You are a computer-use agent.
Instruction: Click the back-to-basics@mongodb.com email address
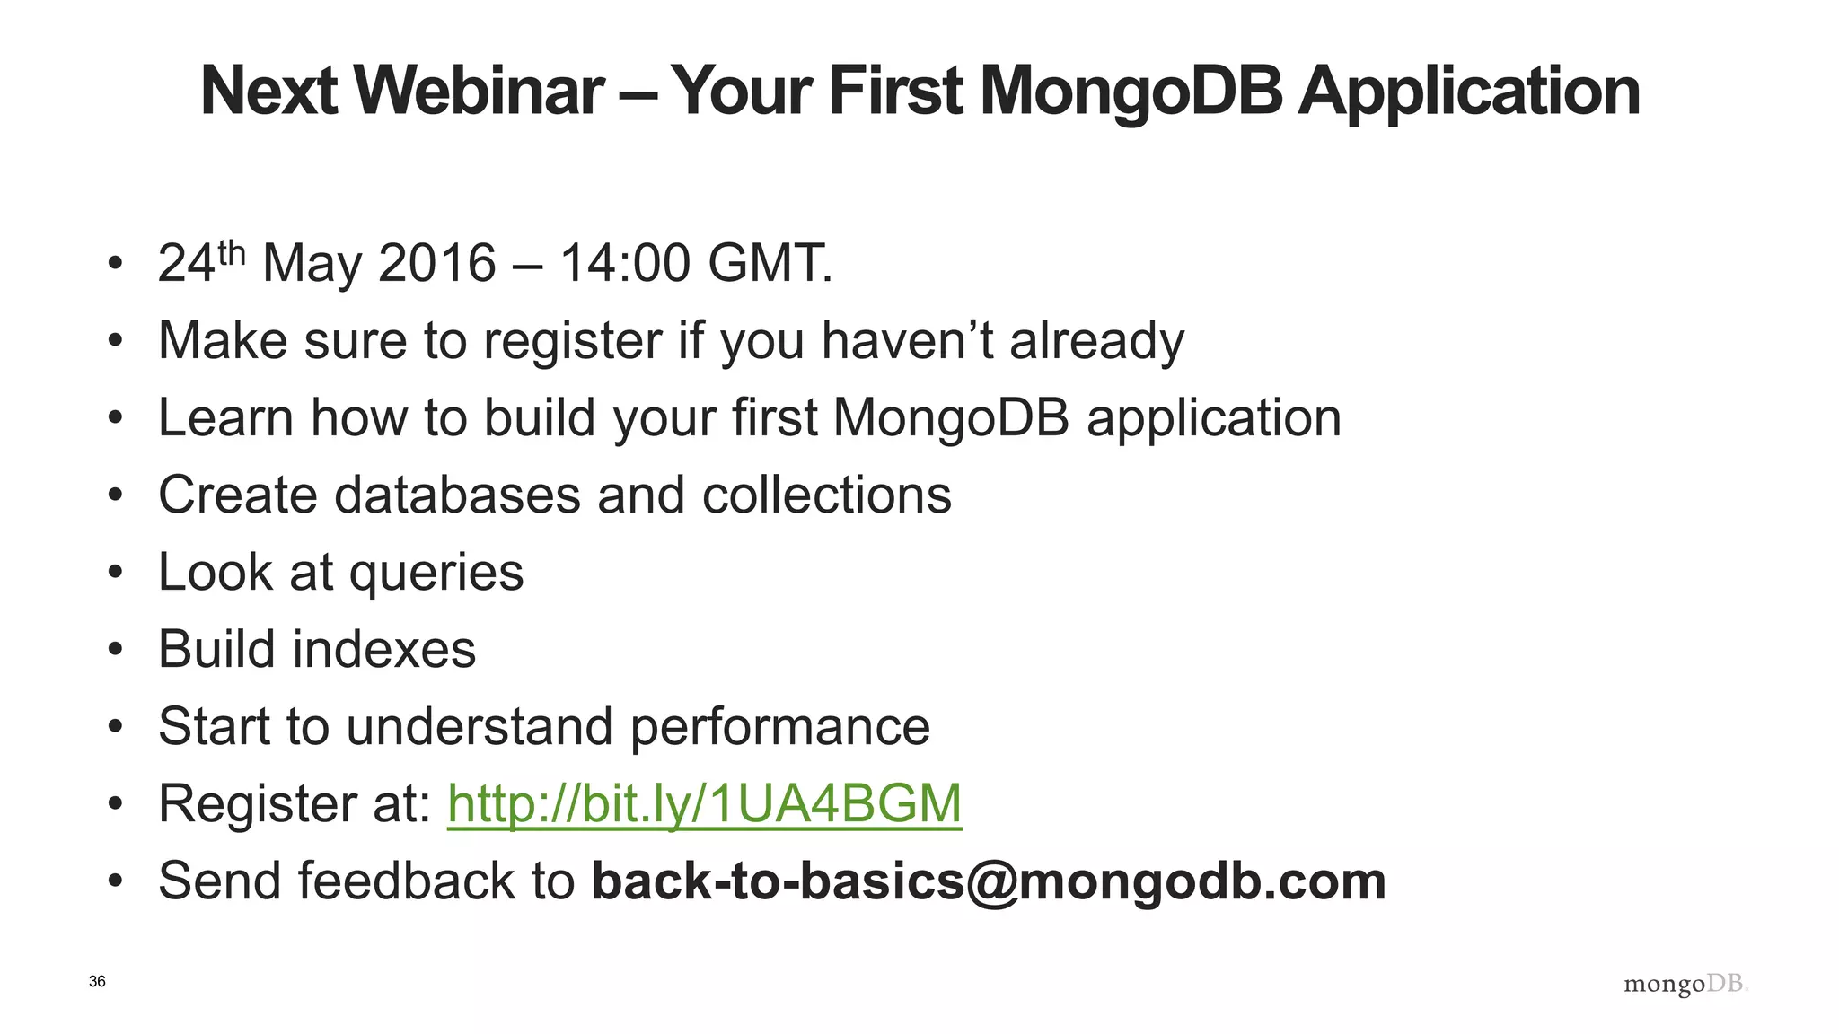click(x=989, y=881)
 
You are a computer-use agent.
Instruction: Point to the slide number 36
click(x=97, y=982)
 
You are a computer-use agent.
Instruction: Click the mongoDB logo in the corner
click(x=1685, y=985)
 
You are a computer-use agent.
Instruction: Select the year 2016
click(x=436, y=264)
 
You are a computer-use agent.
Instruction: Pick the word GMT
click(x=768, y=264)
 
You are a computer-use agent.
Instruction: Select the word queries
click(x=436, y=574)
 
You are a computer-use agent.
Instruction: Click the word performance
click(x=779, y=727)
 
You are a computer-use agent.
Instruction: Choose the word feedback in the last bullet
click(x=406, y=881)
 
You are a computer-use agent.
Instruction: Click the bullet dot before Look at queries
click(x=114, y=574)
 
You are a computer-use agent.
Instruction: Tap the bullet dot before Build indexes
click(x=114, y=650)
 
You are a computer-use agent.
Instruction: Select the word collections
click(x=826, y=495)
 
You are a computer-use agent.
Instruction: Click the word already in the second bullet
click(x=1096, y=342)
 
